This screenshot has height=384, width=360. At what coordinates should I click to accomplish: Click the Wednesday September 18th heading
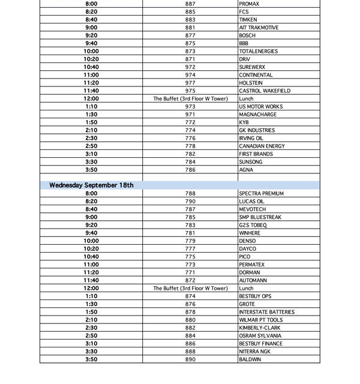[91, 185]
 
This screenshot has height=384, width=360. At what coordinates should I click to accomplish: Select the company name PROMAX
[249, 4]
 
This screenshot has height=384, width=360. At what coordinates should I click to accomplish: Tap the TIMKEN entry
[248, 20]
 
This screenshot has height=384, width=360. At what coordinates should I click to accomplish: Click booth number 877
[190, 35]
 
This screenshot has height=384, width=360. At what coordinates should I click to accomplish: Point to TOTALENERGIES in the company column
[259, 52]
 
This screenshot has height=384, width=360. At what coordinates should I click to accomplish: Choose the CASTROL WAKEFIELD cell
[265, 91]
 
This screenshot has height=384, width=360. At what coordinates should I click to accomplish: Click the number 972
[190, 67]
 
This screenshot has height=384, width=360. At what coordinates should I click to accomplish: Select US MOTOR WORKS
[260, 107]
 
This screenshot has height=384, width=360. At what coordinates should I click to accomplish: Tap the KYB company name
[244, 122]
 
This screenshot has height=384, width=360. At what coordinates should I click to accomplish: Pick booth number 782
[190, 154]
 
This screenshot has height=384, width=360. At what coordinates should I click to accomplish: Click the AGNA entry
[246, 170]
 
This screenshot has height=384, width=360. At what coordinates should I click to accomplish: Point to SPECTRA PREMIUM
[260, 194]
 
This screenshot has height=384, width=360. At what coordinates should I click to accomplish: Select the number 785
[190, 217]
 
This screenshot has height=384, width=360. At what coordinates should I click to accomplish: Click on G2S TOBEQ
[252, 225]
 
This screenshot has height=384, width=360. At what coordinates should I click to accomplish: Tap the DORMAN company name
[250, 272]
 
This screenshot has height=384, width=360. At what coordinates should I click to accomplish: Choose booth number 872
[190, 280]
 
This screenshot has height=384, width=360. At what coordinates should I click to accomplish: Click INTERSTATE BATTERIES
[266, 312]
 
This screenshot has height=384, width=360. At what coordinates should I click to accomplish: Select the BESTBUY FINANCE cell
[260, 344]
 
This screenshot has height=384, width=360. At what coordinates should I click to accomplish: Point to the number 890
[190, 359]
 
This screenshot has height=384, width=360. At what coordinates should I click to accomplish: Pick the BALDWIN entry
[250, 359]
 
